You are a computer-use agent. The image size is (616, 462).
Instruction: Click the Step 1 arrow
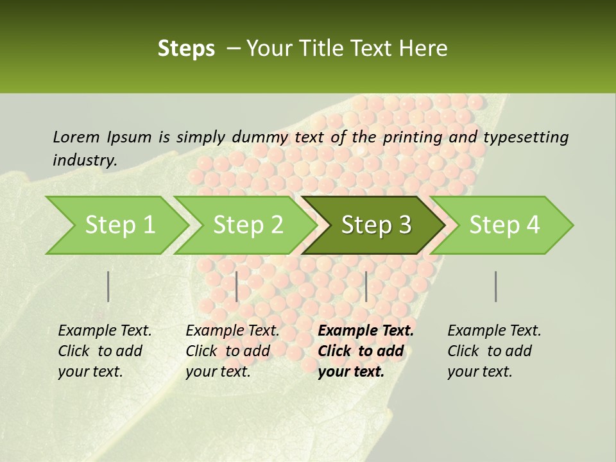point(119,225)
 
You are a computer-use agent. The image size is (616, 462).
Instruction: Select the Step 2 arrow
point(248,225)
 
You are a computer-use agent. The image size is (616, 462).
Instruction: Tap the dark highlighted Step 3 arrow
point(376,225)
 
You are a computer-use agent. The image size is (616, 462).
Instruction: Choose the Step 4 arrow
point(504,225)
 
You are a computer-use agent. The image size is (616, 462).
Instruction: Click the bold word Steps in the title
point(186,48)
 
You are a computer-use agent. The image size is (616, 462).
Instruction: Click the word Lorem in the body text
point(76,137)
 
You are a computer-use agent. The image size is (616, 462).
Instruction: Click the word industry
point(85,160)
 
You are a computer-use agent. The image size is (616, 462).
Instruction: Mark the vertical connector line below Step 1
point(108,286)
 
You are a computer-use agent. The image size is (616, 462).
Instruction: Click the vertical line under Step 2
point(237,286)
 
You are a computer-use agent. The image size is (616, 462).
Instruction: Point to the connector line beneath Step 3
point(366,286)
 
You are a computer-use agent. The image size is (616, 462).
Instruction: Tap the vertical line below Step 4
point(495,286)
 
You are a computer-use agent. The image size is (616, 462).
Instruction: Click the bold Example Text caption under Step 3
point(366,350)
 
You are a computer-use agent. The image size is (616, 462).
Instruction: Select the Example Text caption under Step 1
point(105,350)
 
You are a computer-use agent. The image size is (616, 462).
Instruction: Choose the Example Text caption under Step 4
point(494,350)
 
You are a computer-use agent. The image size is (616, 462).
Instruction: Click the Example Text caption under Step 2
point(232,350)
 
